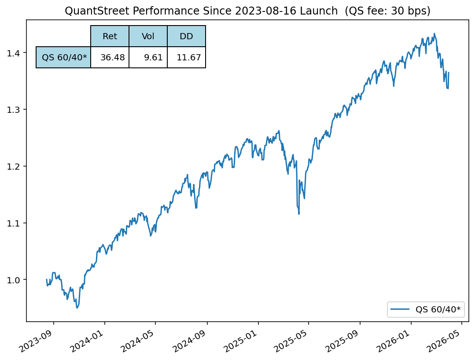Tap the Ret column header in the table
[110, 36]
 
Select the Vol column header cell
[148, 36]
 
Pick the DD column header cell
[186, 36]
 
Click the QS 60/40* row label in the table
[64, 57]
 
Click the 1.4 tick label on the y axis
[15, 53]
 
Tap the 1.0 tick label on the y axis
[15, 280]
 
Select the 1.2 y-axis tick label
[15, 166]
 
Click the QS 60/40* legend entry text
[438, 309]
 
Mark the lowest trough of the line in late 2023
[77, 308]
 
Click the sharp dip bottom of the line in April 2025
[299, 214]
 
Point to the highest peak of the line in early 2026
[434, 33]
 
